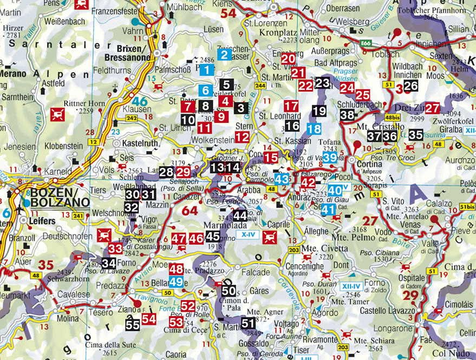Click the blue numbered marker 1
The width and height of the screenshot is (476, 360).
point(206,69)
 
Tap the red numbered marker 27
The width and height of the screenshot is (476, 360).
point(432,108)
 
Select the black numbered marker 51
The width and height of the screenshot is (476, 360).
point(247,323)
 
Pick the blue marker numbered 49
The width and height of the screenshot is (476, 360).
point(176,282)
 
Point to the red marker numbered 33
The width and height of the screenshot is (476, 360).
point(115,248)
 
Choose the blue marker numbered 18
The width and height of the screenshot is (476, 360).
point(314,129)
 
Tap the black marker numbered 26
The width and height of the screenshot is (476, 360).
point(410,85)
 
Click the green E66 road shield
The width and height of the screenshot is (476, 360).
point(366,42)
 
